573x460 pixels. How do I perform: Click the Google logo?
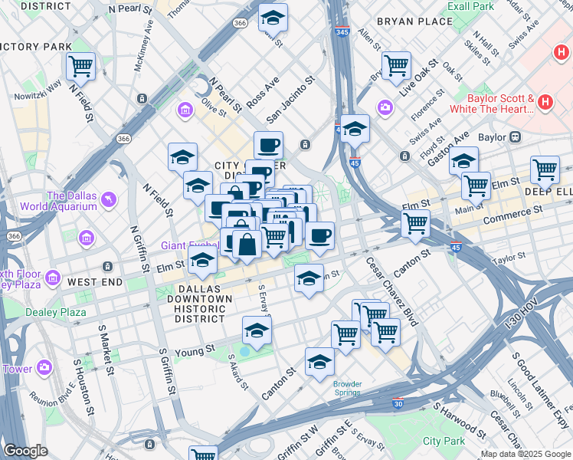[x=25, y=451]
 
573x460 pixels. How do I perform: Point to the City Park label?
[x=444, y=441]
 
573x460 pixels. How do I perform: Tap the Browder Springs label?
[x=347, y=388]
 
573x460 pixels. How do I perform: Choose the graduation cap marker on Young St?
[x=257, y=331]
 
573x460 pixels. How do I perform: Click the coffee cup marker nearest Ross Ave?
[x=268, y=144]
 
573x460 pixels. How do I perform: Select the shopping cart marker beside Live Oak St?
[x=396, y=65]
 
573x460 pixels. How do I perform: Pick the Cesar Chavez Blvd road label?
[x=391, y=291]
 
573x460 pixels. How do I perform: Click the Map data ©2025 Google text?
[x=526, y=454]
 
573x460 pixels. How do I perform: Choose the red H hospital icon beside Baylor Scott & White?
[x=545, y=101]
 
